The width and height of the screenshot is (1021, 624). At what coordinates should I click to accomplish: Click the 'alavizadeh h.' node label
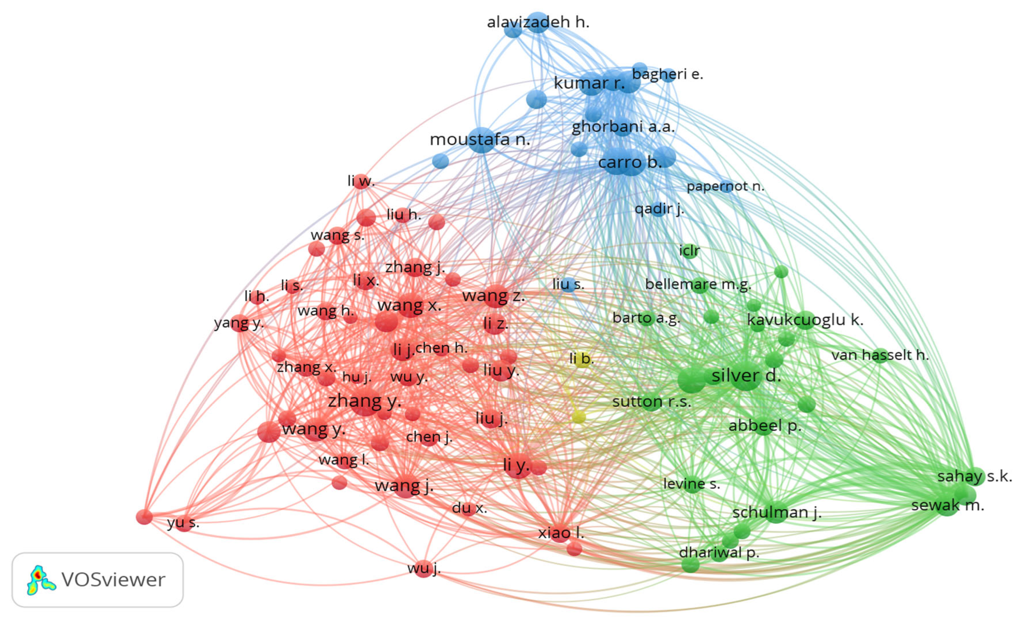538,22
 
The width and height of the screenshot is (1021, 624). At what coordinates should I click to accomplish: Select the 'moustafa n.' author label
480,140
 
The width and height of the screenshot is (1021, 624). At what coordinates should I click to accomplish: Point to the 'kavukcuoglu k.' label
805,320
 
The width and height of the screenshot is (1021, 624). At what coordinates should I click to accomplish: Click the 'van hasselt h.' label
880,355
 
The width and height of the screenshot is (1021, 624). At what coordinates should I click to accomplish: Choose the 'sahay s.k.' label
974,476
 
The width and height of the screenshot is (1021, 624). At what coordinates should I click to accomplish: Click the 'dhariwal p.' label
719,553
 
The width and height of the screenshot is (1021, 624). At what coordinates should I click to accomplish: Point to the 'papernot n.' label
725,187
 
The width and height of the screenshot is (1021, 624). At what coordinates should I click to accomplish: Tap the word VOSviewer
113,580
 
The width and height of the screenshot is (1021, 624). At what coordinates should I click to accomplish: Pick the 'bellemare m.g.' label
698,285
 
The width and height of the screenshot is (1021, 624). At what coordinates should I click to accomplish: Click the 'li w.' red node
361,181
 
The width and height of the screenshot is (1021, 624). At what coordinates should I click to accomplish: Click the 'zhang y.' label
365,401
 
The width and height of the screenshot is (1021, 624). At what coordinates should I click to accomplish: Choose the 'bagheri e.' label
667,74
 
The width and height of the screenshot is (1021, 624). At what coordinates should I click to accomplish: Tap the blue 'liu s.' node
568,285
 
